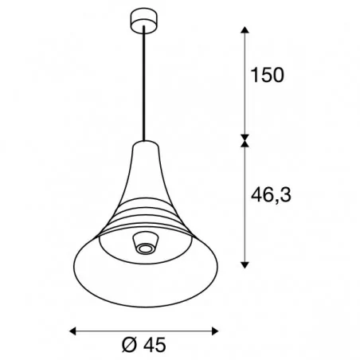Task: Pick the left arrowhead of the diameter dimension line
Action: [x=73, y=329]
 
